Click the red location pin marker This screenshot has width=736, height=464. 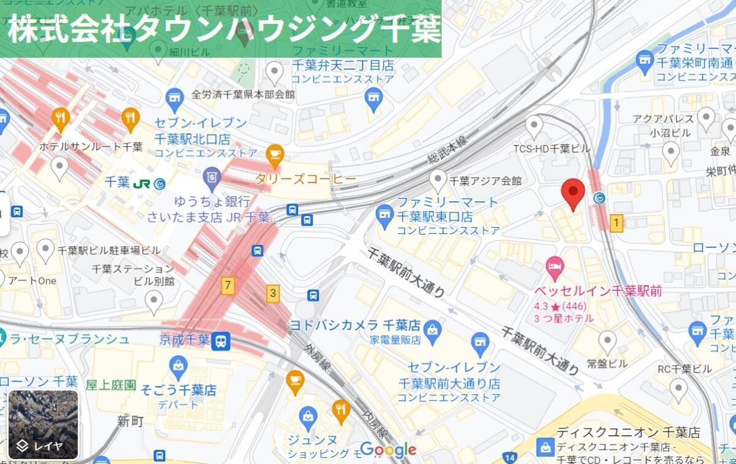573,193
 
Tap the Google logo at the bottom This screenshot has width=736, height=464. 388,449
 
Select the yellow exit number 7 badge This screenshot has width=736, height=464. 228,285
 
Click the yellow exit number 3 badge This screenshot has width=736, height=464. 272,293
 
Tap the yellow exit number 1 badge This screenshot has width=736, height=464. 616,223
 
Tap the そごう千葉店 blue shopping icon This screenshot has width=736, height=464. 178,366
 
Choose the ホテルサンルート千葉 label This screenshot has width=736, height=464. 91,147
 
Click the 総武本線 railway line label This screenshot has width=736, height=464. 447,150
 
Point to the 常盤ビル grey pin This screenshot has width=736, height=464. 607,341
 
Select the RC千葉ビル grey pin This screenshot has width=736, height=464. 678,389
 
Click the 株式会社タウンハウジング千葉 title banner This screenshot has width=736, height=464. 221,29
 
